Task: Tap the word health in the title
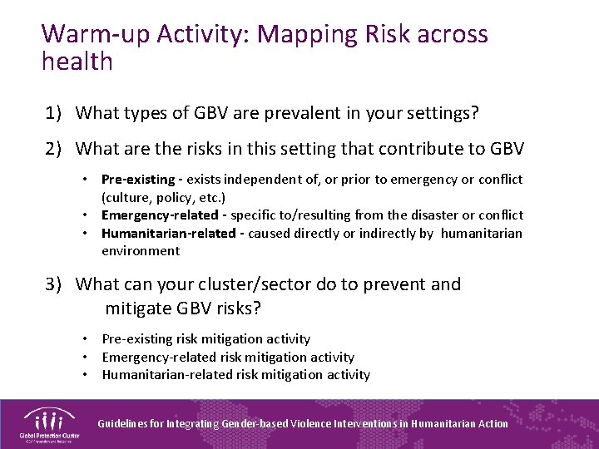(77, 62)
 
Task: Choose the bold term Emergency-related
(158, 215)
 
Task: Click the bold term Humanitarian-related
(168, 233)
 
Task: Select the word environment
(141, 250)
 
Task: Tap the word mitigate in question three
(138, 308)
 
